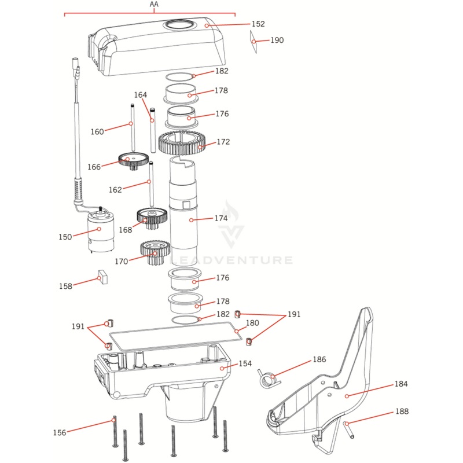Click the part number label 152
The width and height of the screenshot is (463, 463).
tap(258, 24)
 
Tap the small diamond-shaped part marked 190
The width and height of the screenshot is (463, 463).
tap(253, 41)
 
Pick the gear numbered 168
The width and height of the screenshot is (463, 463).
tap(151, 219)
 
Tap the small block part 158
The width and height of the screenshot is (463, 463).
tap(103, 277)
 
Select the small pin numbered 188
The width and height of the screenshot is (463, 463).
tap(348, 429)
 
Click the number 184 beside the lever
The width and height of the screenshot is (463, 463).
tap(402, 384)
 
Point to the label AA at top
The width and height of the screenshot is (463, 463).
tap(154, 5)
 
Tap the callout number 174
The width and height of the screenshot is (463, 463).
tap(221, 219)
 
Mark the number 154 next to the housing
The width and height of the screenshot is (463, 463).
tap(245, 363)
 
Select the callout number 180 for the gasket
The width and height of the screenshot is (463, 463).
tap(252, 323)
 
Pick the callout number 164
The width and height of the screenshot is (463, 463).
tap(141, 95)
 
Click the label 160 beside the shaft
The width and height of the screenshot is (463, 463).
tap(97, 132)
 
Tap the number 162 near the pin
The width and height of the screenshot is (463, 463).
tap(116, 190)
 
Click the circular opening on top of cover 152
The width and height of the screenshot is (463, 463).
tap(180, 24)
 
